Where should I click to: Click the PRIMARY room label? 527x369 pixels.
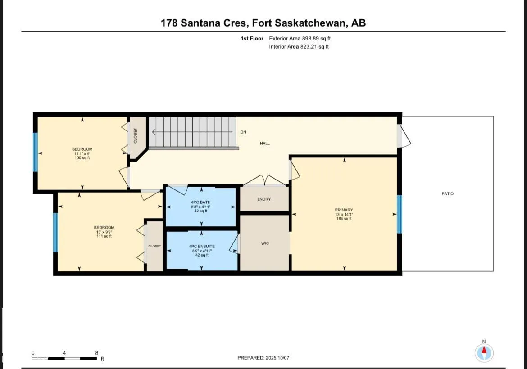(344, 210)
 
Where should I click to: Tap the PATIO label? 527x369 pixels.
(447, 194)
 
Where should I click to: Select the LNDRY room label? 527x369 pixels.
(264, 199)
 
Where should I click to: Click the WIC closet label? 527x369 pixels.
(265, 243)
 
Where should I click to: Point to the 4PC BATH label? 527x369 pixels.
(200, 202)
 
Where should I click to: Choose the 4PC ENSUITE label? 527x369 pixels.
(202, 247)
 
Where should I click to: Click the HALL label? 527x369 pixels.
(265, 143)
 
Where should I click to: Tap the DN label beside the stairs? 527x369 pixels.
(243, 132)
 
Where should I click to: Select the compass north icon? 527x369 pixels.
(484, 352)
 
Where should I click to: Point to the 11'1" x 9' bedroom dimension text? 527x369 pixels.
(82, 153)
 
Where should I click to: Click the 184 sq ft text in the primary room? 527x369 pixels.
(344, 219)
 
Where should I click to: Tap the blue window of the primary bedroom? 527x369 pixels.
(399, 214)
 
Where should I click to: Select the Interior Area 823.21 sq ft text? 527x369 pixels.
(299, 47)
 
